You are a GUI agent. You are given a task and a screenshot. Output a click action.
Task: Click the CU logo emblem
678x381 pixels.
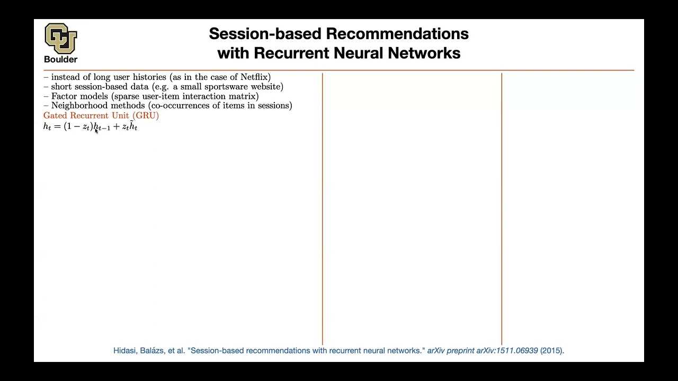click(61, 38)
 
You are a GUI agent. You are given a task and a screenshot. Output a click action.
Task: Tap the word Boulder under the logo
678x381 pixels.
click(60, 59)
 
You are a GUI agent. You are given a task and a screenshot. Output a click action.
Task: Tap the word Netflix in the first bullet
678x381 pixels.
click(255, 77)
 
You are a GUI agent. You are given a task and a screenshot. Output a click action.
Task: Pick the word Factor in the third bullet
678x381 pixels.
click(64, 96)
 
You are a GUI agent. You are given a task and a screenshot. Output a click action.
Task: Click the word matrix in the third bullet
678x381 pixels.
click(244, 96)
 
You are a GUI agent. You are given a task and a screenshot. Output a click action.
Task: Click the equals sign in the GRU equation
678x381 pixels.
click(57, 127)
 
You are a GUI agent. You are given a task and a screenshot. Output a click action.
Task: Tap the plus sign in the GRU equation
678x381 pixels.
click(116, 127)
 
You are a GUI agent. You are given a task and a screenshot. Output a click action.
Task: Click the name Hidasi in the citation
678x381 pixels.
click(125, 350)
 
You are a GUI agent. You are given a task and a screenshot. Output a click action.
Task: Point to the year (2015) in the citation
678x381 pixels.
click(552, 350)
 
